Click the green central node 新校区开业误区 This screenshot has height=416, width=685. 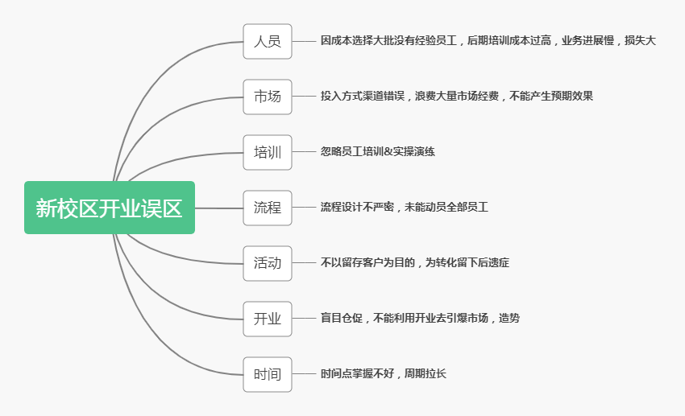110,208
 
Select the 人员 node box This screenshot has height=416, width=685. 268,41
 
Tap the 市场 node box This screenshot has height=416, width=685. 268,97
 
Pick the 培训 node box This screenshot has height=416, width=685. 268,152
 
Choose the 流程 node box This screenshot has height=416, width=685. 268,208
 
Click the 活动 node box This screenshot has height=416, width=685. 268,263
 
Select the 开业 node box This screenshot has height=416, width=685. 268,319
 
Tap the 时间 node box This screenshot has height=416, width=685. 268,374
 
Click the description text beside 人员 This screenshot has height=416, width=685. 488,41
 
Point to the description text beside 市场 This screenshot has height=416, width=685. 456,97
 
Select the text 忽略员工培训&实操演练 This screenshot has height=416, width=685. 377,152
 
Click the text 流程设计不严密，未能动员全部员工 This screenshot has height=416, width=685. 404,208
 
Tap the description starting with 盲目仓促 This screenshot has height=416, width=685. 419,319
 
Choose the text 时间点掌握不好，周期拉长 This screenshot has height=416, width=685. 383,374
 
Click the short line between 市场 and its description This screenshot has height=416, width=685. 304,97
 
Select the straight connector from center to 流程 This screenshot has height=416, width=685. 219,208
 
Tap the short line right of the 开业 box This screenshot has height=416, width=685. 304,319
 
